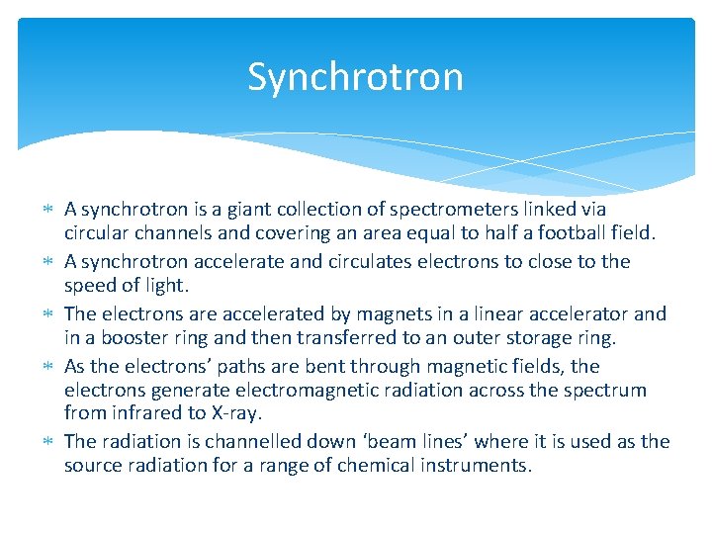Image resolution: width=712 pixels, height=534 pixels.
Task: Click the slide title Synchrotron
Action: tap(355, 76)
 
